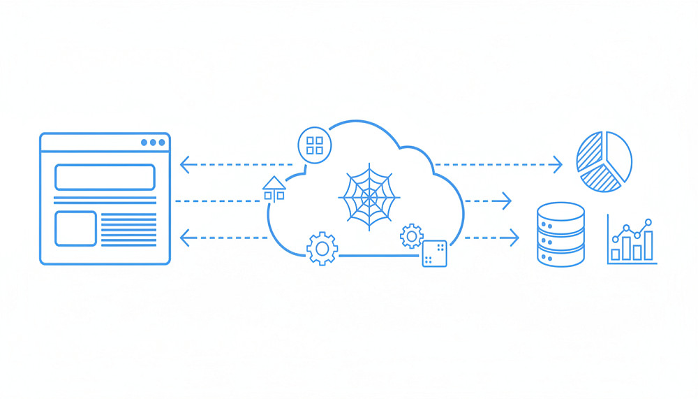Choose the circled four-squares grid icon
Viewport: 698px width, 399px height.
[x=315, y=145]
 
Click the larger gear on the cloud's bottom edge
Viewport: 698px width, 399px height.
[x=322, y=247]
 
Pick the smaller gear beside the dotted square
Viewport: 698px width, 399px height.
[x=411, y=235]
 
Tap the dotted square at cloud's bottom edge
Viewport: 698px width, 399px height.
[x=434, y=253]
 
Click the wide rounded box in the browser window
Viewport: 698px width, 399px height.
[x=105, y=177]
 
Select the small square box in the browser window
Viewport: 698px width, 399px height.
[x=75, y=228]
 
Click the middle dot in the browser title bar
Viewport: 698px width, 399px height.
[x=153, y=143]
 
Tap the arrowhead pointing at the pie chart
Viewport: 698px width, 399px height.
[x=558, y=165]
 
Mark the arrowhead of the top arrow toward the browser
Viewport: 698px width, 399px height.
[x=184, y=165]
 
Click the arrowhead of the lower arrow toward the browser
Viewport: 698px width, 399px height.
[x=184, y=238]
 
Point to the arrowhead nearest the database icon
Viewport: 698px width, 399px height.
[x=514, y=238]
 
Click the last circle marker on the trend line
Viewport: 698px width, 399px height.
[x=648, y=222]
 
